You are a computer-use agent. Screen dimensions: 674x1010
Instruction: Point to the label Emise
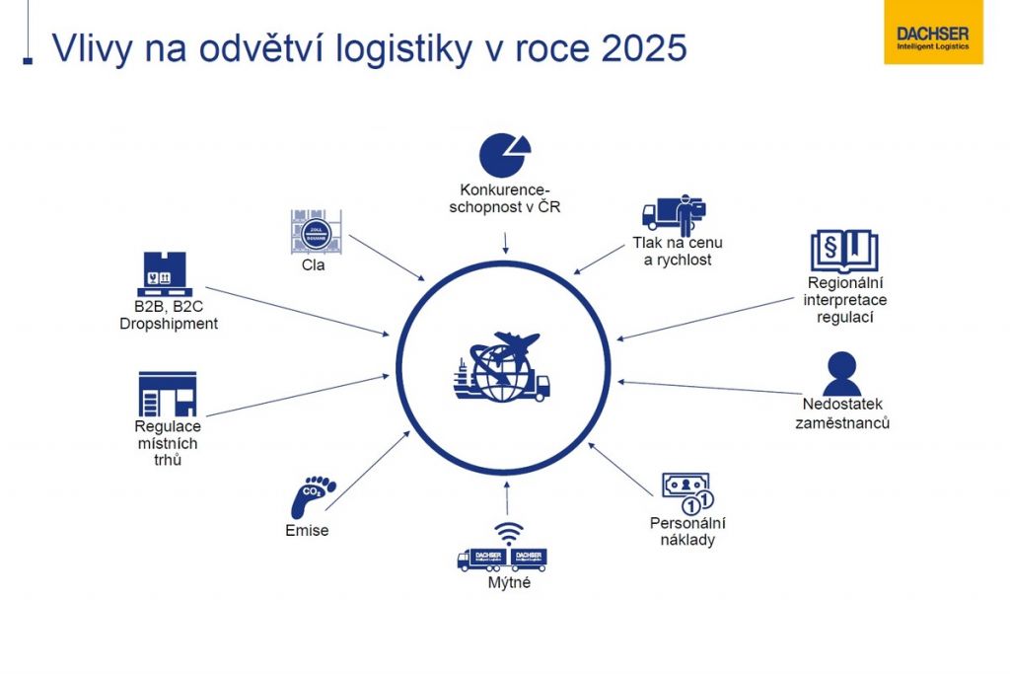tap(306, 531)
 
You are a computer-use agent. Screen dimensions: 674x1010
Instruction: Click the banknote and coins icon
tap(686, 490)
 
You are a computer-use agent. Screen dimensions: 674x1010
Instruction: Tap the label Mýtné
tap(509, 582)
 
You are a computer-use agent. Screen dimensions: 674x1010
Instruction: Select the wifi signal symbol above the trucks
tap(508, 534)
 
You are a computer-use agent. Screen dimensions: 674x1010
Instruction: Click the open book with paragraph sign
tap(843, 251)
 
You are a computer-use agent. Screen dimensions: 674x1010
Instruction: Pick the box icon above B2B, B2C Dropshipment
tap(164, 275)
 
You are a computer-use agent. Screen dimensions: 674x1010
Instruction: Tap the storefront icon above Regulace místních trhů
tap(167, 394)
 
